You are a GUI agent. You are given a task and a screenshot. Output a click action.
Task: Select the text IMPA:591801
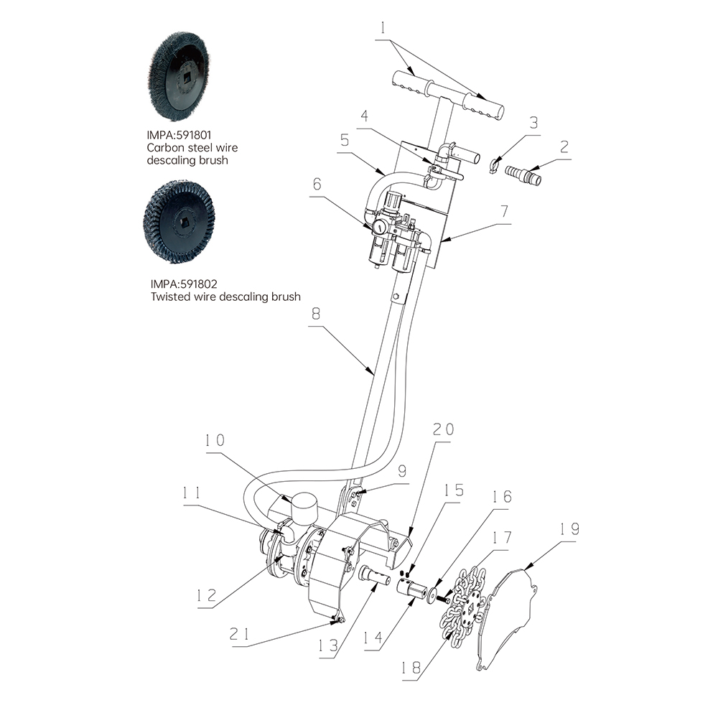coord(179,135)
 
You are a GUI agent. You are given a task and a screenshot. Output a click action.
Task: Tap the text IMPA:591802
coord(184,284)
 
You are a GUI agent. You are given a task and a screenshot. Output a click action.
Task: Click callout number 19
coord(569,529)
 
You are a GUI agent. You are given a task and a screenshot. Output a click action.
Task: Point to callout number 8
coord(316,314)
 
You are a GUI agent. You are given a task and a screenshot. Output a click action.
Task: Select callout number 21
coord(241,634)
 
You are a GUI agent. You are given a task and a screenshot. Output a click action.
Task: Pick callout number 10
coord(214,441)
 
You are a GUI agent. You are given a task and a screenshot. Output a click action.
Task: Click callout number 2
coord(564,146)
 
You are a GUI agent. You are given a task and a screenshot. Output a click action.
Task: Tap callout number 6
coord(317,184)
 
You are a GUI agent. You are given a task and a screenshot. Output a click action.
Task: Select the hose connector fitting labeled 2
coord(523,174)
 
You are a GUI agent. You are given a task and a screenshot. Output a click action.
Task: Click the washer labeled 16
coord(432,595)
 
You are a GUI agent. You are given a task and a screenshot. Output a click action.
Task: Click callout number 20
coord(443,429)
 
